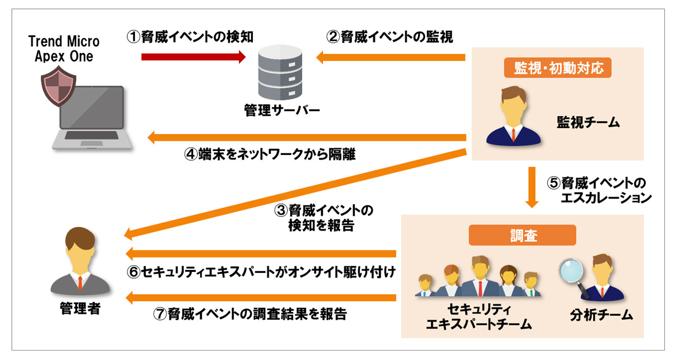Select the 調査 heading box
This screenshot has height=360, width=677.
pos(522,235)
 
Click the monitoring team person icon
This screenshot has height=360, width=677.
pos(513,117)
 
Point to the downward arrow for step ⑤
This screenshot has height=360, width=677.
pos(532,187)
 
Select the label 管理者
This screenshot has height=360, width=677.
pos(80,309)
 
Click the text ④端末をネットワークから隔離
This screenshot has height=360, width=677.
pos(269,155)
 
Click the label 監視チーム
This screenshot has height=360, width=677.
pos(588,123)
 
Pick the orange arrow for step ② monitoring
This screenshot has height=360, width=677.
pos(391,58)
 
